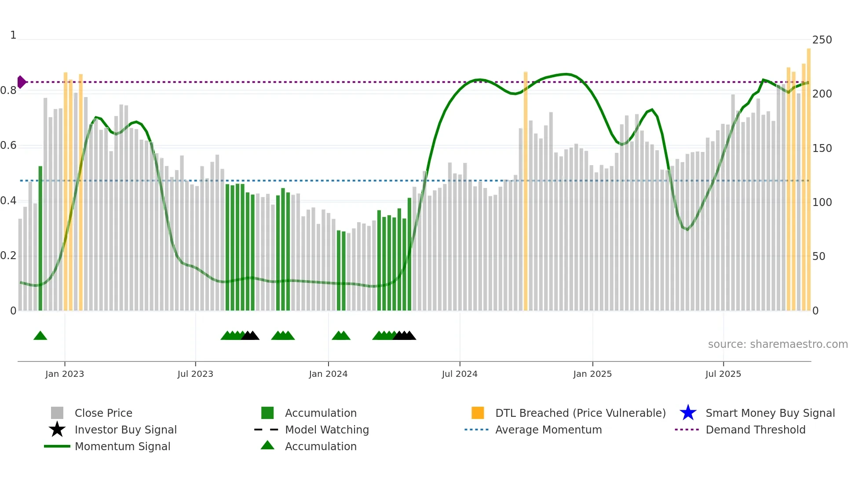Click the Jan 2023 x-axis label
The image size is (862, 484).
(x=64, y=374)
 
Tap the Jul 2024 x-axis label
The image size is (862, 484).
(x=460, y=374)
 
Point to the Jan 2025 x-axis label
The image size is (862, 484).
(x=592, y=374)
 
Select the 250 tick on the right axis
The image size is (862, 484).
(x=822, y=40)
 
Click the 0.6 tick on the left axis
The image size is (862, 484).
(x=8, y=145)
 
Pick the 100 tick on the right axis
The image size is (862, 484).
(x=822, y=202)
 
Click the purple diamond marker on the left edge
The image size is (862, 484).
(x=21, y=82)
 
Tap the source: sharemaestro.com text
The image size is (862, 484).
(x=778, y=344)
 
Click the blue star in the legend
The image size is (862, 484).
(x=688, y=413)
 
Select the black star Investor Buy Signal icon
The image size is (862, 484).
(x=57, y=430)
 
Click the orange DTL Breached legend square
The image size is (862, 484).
(x=478, y=413)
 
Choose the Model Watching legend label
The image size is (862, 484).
(x=327, y=430)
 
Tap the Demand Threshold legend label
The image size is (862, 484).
(x=755, y=430)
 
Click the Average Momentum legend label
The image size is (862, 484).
(x=548, y=430)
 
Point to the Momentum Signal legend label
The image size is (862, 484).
(x=122, y=446)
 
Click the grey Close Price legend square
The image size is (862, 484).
(x=57, y=413)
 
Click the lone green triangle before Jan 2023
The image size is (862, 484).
(x=40, y=336)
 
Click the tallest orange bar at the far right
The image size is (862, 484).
(x=808, y=180)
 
